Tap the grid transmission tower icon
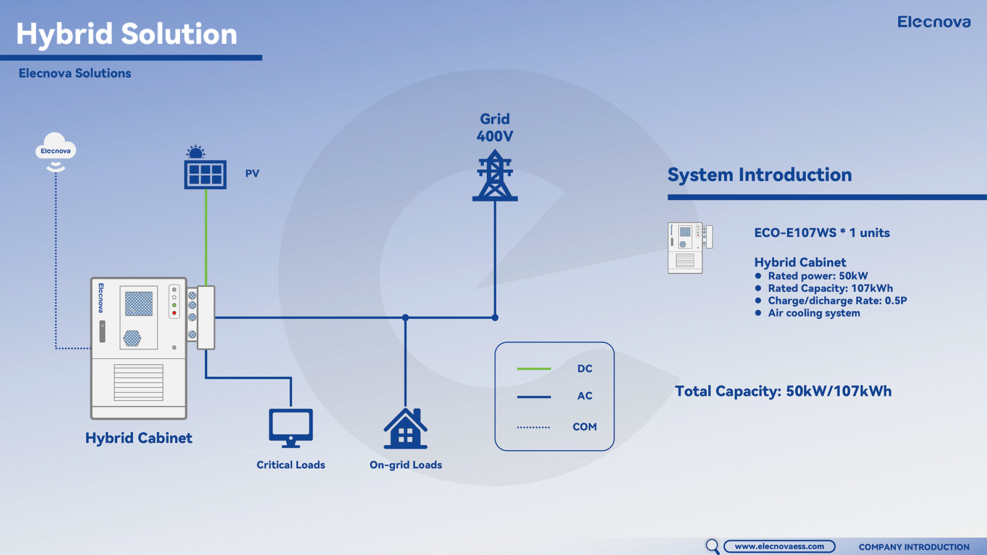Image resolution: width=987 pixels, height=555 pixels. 495,177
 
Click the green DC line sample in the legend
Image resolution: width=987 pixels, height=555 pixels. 534,369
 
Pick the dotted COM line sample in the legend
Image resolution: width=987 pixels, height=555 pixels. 534,427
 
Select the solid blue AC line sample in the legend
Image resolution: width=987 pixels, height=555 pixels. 534,397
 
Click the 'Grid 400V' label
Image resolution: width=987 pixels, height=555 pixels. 495,128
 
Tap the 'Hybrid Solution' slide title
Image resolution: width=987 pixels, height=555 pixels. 126,34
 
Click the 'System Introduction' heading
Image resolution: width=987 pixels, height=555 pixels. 759,175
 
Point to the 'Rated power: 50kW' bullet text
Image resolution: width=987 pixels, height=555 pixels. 817,276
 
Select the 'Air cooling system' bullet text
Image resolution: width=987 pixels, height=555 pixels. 814,313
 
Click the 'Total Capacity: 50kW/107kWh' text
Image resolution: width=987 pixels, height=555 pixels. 783,392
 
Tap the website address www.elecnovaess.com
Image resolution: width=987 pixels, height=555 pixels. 779,546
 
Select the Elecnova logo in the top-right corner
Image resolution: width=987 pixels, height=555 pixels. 933,22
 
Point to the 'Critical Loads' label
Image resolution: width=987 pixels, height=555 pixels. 291,465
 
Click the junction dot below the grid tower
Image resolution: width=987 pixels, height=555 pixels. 495,318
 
